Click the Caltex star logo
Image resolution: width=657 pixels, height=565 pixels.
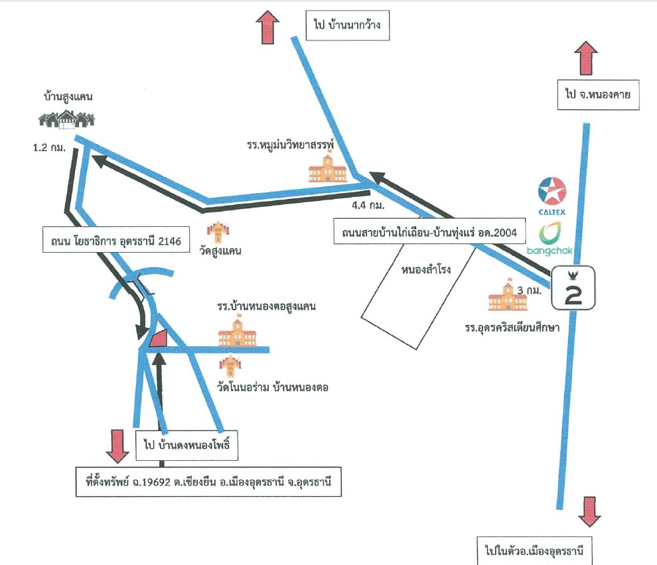tap(552, 192)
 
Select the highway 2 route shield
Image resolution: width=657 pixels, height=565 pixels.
tap(573, 288)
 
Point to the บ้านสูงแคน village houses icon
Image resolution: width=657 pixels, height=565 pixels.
tap(66, 119)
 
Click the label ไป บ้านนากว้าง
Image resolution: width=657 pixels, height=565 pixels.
tap(347, 25)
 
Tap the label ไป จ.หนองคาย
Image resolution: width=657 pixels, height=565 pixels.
tap(598, 95)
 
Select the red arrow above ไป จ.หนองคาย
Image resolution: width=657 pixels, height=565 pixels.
tap(586, 58)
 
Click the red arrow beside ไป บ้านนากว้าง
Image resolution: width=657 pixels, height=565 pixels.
tap(267, 27)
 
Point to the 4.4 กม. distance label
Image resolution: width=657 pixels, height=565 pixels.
tap(368, 205)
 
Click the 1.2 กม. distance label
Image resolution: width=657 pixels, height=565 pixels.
tap(50, 147)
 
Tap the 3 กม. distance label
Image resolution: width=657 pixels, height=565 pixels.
tap(529, 290)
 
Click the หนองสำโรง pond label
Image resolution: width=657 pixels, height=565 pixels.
tap(425, 269)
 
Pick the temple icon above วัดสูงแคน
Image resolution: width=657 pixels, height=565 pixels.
tap(218, 232)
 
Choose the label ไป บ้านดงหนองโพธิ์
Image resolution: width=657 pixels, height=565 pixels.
tap(187, 445)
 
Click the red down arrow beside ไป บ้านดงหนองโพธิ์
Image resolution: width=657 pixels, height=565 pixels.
tap(117, 446)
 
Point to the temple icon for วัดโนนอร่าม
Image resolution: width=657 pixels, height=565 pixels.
tap(230, 365)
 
